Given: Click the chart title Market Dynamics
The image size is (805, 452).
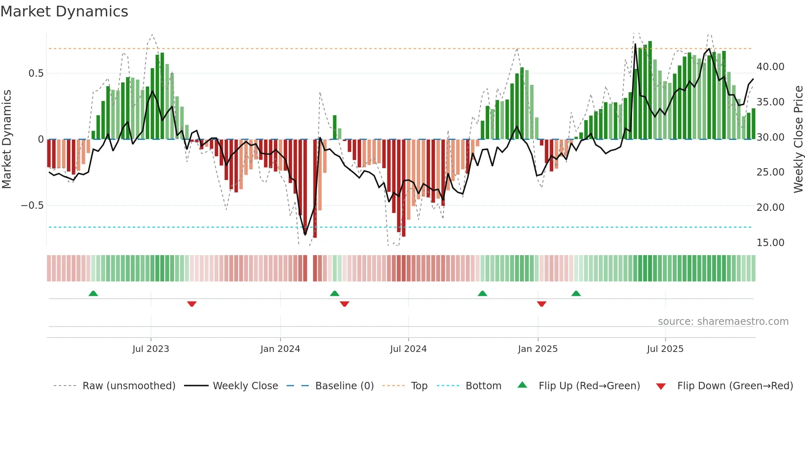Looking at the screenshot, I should [x=64, y=11].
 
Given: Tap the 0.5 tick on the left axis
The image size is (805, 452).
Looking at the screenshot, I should [x=36, y=73].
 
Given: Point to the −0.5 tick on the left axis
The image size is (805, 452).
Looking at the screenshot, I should [x=32, y=205].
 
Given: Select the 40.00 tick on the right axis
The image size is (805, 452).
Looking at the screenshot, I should [x=770, y=67].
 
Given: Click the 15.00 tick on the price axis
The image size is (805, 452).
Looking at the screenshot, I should [x=770, y=243].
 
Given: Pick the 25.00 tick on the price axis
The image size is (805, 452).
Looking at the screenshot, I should [x=770, y=172].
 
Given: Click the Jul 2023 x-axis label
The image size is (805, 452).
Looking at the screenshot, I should [x=151, y=349].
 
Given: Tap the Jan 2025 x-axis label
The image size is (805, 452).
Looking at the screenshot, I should [x=538, y=349].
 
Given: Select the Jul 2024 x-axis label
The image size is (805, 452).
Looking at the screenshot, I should [x=408, y=349].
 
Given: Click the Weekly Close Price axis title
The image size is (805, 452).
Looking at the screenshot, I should [x=798, y=139].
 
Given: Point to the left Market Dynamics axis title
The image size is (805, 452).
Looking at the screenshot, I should [x=7, y=139].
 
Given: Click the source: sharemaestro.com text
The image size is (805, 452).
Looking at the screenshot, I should [x=723, y=322].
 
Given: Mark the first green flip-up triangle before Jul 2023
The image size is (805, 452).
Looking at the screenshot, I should [x=93, y=294].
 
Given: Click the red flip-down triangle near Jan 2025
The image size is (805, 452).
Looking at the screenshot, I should [x=541, y=304].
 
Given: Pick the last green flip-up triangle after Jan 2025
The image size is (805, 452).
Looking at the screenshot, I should [x=576, y=294].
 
